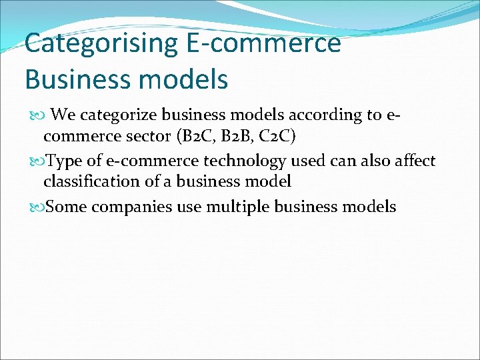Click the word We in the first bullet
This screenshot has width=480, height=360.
tap(63, 115)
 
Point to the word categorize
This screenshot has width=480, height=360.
tap(117, 115)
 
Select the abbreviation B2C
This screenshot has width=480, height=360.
tap(196, 138)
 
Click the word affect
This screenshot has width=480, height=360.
tap(413, 161)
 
